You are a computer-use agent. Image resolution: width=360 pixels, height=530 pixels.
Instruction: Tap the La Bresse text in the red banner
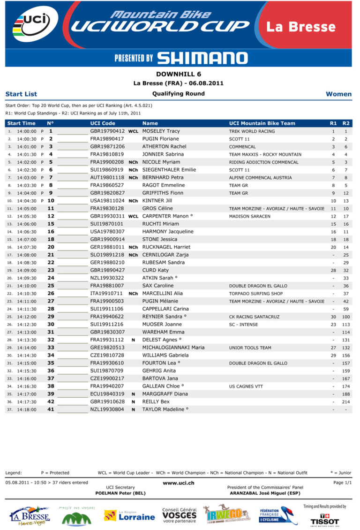pos(301,27)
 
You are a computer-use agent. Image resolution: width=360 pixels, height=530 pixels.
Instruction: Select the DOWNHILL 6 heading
pos(179,74)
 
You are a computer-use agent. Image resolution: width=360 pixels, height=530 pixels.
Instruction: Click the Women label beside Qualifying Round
pos(338,94)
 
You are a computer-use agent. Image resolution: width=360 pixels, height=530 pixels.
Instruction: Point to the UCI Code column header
pos(103,123)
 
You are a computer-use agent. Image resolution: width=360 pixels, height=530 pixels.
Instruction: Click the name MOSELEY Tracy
pos(161,131)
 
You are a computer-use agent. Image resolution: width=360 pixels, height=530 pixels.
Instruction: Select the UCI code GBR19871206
pos(107,147)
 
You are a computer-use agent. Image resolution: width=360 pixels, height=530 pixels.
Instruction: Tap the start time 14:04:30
pos(26,201)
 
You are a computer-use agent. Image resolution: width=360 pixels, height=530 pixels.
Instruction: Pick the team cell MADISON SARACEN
pos(249,216)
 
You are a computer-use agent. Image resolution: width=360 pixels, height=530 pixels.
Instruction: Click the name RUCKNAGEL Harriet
pos(166,247)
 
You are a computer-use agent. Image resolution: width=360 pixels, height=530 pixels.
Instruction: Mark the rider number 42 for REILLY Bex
pos(51,401)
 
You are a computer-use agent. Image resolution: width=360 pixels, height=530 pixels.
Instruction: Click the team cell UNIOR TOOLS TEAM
pos(250,348)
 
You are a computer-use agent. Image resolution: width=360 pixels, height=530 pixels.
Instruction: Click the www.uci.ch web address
pos(178,483)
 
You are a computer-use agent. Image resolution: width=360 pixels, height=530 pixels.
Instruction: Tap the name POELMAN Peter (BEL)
pos(120,493)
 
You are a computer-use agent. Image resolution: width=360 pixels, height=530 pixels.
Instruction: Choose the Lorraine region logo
pos(129,516)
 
